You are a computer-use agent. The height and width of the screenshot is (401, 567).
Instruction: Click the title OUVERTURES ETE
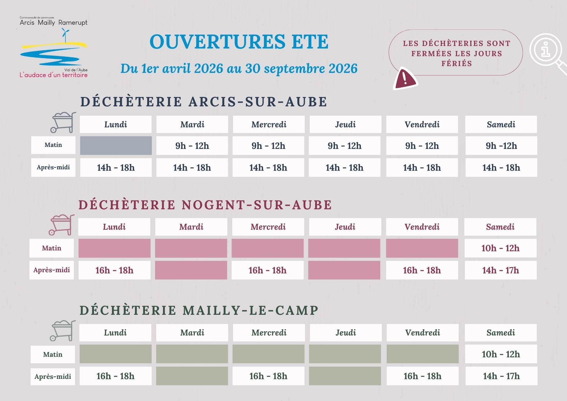point(239,42)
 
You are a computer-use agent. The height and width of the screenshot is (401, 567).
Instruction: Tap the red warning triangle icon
point(405,79)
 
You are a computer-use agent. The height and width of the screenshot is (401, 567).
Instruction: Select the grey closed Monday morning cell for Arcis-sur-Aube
point(116,145)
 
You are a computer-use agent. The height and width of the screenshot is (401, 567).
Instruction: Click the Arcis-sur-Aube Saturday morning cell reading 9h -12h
point(501,145)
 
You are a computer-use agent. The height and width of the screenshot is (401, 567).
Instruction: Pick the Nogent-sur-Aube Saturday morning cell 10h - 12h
point(500,248)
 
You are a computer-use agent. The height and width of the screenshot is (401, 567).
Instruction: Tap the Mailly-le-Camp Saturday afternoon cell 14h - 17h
point(501,376)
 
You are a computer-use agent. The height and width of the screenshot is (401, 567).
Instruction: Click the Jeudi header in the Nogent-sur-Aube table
point(345,227)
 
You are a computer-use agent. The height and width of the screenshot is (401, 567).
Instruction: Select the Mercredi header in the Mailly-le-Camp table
point(269,333)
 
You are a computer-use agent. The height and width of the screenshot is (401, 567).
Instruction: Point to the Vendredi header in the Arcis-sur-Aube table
point(422,124)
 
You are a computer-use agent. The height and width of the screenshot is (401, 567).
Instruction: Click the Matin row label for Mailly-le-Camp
point(53,354)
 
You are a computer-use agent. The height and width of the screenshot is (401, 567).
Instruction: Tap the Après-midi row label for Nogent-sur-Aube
point(52,270)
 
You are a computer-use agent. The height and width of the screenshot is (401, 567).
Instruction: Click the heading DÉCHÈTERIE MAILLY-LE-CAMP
point(199,311)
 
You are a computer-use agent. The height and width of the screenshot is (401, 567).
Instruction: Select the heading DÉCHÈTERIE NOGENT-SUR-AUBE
point(205,205)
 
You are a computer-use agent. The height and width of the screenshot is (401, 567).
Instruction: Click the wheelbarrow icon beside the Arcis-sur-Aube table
point(63,122)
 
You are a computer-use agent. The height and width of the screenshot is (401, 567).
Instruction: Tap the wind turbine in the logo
point(65,35)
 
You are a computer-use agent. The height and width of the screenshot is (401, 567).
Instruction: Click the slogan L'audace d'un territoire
point(54,75)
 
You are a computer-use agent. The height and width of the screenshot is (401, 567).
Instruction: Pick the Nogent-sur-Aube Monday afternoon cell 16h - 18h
point(114,270)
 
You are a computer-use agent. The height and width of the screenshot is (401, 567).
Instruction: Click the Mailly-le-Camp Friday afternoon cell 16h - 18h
point(422,376)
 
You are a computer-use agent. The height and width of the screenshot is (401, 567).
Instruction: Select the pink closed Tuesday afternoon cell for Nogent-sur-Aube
point(191,270)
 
